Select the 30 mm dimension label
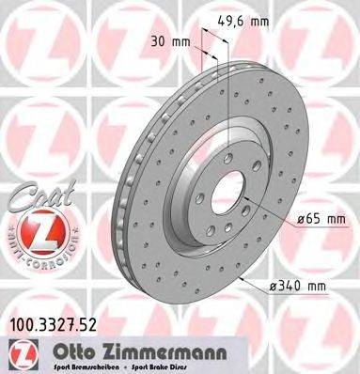169,41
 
